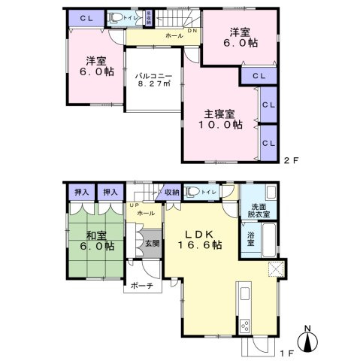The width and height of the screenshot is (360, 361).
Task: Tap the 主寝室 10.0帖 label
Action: coord(221,120)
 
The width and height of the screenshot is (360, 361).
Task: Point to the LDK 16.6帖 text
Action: coord(199,239)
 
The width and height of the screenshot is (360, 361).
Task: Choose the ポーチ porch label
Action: coord(141,286)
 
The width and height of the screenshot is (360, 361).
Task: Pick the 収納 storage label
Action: coord(172,193)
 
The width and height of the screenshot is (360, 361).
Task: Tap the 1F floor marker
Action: coord(288,347)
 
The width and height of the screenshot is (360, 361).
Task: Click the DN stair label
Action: coord(192,31)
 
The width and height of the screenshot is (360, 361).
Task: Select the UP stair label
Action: coord(134,205)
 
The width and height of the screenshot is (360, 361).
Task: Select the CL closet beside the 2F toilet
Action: coord(86,17)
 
